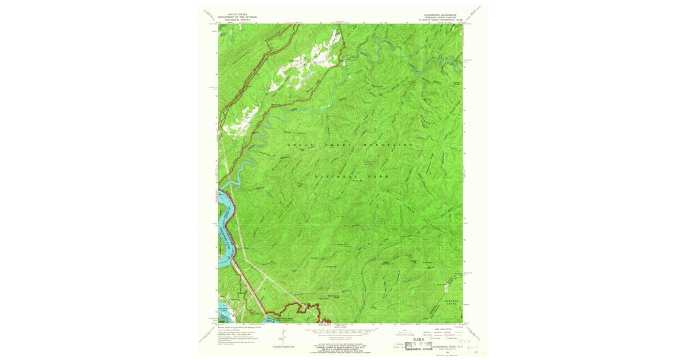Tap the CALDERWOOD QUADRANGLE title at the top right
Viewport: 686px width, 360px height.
(x=440, y=13)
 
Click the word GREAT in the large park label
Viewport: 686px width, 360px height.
(x=298, y=145)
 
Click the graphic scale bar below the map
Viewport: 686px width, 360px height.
(x=341, y=330)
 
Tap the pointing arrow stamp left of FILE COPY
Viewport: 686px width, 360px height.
(x=408, y=345)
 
